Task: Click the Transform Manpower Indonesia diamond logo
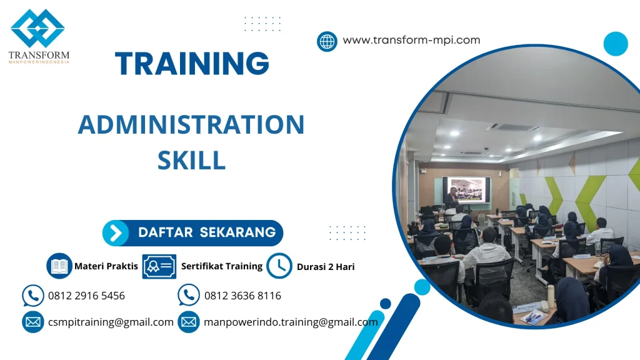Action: (x=37, y=27)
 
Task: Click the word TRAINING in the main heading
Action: (x=192, y=64)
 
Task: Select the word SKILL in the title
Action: (x=191, y=161)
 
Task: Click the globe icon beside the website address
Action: (x=327, y=41)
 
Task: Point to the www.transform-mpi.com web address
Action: (x=411, y=40)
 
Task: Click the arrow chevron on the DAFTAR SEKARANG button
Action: (x=116, y=233)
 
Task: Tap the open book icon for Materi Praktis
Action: (x=59, y=266)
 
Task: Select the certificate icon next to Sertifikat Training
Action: (x=159, y=266)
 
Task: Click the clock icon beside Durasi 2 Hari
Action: (x=279, y=266)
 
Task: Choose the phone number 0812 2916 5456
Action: (x=86, y=296)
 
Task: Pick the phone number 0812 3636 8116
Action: (x=242, y=296)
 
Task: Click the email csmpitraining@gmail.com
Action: (x=111, y=322)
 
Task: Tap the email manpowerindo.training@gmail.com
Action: (x=291, y=322)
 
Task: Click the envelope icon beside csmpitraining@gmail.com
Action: (x=32, y=322)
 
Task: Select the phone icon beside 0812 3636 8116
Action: (x=189, y=295)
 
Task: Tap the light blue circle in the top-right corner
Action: (x=615, y=44)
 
